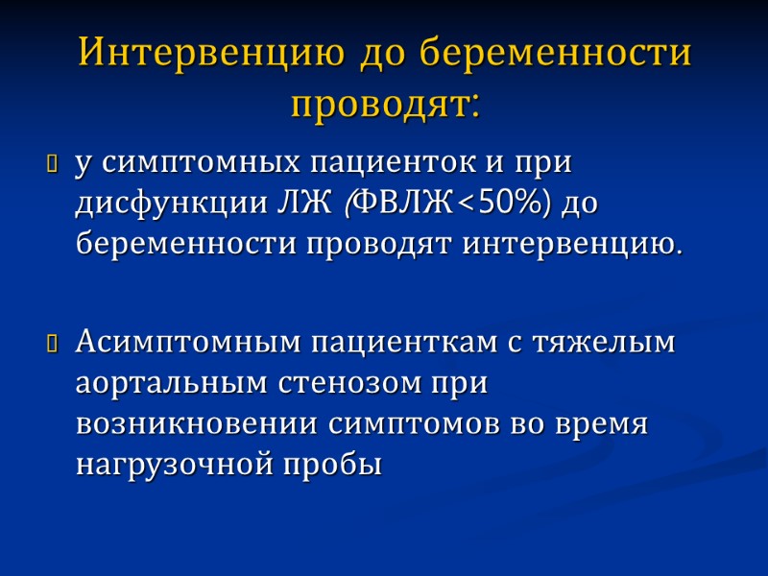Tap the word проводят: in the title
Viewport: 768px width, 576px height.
click(384, 103)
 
